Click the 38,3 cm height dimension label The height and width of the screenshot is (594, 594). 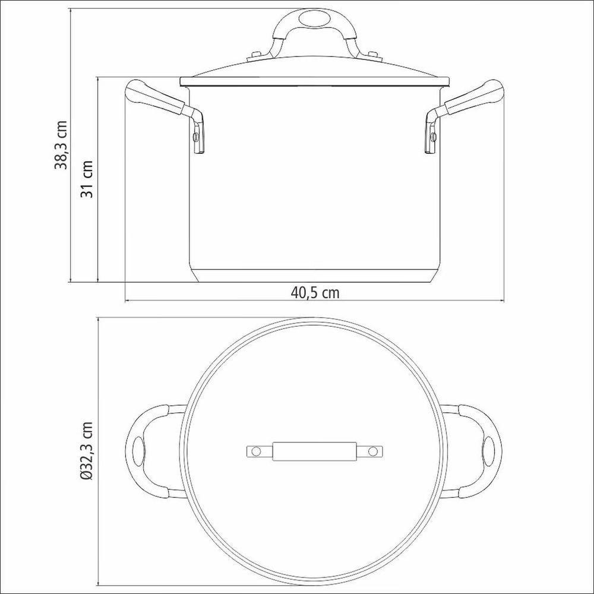(61, 145)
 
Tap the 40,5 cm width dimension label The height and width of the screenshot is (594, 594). (315, 292)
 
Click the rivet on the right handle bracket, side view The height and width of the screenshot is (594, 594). (433, 138)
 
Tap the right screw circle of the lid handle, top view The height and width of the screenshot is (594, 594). (372, 452)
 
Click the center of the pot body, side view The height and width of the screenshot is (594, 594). (315, 178)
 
